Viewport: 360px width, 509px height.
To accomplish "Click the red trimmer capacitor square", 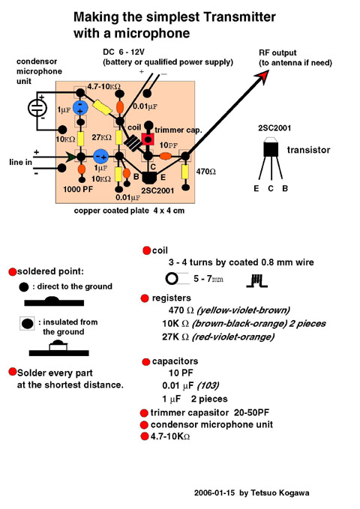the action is (148, 139).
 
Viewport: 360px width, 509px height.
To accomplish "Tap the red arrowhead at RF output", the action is (262, 76).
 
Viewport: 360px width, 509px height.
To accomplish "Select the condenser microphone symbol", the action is (37, 108).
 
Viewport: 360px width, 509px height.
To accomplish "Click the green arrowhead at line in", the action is (72, 157).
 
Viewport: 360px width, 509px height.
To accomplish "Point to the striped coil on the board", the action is (133, 143).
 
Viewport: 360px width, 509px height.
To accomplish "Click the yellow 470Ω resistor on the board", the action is (185, 172).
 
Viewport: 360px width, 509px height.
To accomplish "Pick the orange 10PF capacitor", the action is (166, 156).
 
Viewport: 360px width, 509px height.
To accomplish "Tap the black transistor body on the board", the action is (149, 178).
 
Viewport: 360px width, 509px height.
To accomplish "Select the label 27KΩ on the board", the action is (101, 137).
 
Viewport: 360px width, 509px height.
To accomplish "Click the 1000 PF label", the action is (78, 189).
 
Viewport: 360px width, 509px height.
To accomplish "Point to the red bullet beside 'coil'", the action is (147, 250).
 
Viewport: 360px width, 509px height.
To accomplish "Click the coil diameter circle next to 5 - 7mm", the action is (172, 279).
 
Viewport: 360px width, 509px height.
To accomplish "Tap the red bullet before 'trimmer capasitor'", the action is (144, 413).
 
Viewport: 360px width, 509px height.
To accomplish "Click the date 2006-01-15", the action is (214, 493).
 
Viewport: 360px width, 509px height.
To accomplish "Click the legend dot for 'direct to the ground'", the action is (24, 287).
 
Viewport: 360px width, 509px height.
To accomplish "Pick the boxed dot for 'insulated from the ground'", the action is (27, 323).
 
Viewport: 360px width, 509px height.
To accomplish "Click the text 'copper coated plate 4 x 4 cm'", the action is (129, 211).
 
